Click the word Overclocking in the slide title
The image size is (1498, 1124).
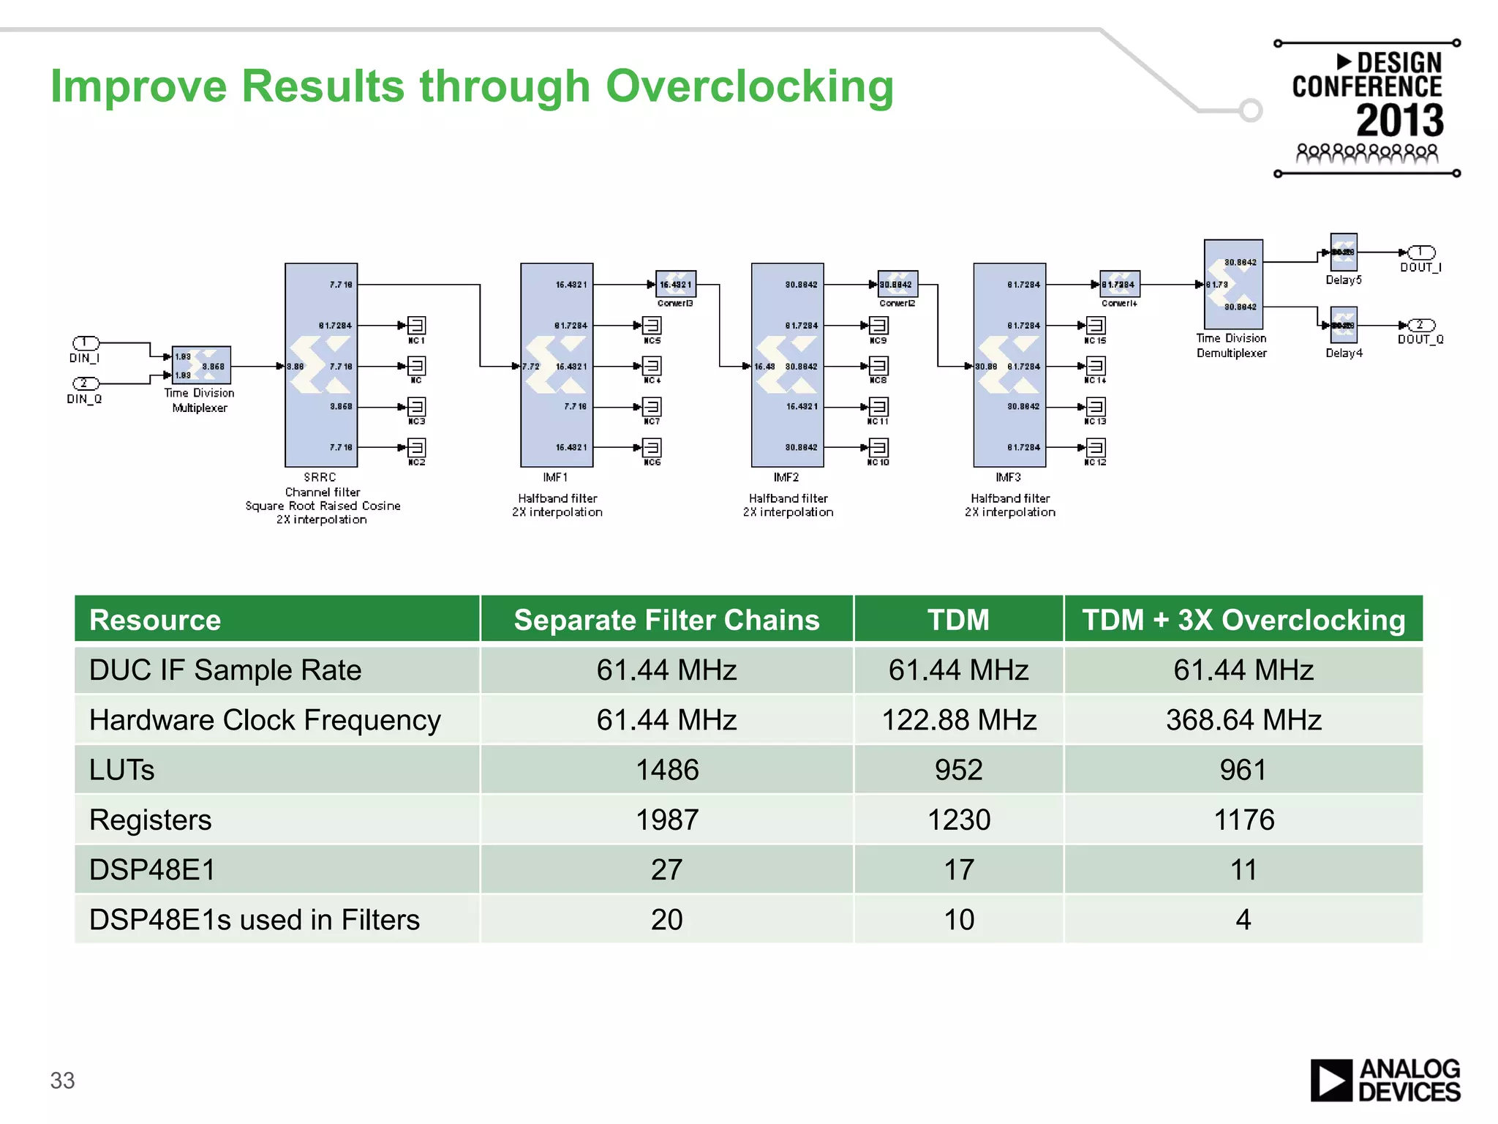point(749,86)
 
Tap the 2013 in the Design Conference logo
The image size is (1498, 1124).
point(1399,121)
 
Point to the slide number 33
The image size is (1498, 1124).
point(62,1080)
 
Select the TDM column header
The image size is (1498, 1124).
point(958,620)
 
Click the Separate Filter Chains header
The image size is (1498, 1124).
point(666,620)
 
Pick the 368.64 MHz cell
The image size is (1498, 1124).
point(1243,720)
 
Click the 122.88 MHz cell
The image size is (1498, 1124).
point(958,720)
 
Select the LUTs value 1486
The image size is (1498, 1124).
point(666,770)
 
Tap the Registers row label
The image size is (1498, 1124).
point(151,820)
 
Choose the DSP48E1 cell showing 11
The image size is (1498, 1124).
point(1243,870)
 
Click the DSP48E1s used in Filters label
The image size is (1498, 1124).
point(255,920)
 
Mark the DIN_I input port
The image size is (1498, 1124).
point(86,342)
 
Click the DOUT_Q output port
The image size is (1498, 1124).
point(1420,325)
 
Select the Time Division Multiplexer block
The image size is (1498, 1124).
point(201,365)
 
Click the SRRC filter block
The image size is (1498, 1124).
point(321,364)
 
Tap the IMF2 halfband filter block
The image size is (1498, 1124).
point(787,364)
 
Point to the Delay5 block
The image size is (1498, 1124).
point(1343,252)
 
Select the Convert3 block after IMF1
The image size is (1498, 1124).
point(675,284)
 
